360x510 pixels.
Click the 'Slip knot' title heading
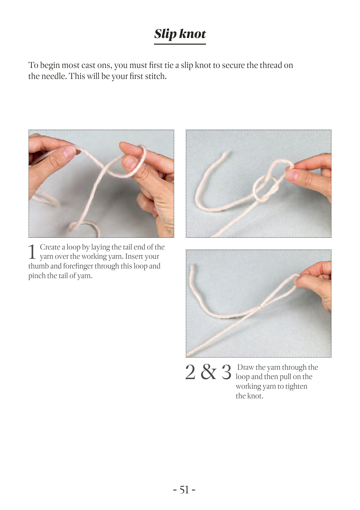pos(180,34)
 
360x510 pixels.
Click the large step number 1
pos(32,252)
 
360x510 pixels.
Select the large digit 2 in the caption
pos(190,372)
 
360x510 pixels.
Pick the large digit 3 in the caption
pos(226,372)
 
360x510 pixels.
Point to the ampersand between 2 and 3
pos(208,372)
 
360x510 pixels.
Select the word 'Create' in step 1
pos(50,247)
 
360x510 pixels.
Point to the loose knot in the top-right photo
pos(267,188)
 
